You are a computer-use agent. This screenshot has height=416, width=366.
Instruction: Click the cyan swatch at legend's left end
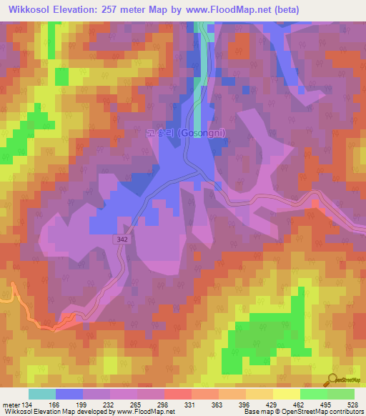click(x=42, y=394)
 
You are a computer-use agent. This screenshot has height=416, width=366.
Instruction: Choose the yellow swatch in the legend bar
click(x=287, y=394)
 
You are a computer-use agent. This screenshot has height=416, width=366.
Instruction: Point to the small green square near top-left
click(x=61, y=76)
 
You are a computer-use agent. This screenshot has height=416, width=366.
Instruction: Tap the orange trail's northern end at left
click(x=13, y=285)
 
